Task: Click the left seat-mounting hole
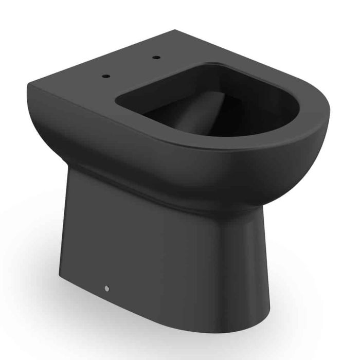(x=107, y=76)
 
